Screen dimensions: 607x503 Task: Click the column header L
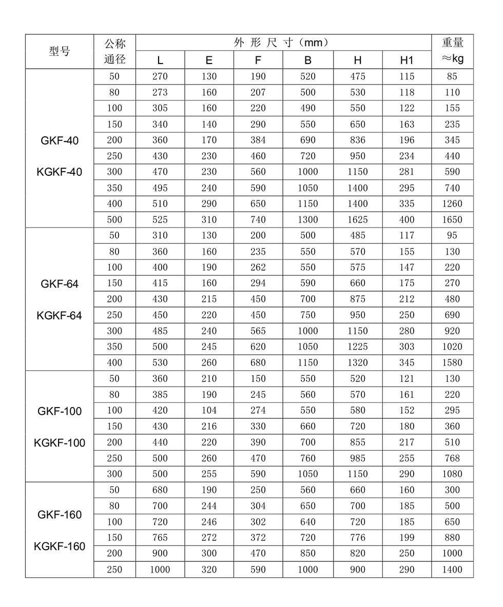160,60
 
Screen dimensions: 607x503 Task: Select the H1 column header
407,60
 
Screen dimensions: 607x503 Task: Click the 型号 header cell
60,51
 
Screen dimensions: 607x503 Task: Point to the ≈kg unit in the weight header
452,59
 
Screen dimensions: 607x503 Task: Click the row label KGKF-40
60,172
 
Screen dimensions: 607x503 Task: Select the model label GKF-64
60,284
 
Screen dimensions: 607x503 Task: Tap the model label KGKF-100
60,443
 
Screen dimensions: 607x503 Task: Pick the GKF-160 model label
60,515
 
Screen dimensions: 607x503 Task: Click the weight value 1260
452,204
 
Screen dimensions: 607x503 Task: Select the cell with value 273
160,92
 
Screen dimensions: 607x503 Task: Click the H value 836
357,140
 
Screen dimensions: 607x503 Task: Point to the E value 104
209,410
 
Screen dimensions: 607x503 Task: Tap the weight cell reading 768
452,458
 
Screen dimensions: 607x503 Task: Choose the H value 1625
357,219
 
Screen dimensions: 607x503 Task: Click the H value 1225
357,347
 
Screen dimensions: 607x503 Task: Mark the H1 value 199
407,537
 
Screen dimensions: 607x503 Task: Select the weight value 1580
452,362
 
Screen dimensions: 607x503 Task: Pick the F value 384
258,140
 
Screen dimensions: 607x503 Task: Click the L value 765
160,537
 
